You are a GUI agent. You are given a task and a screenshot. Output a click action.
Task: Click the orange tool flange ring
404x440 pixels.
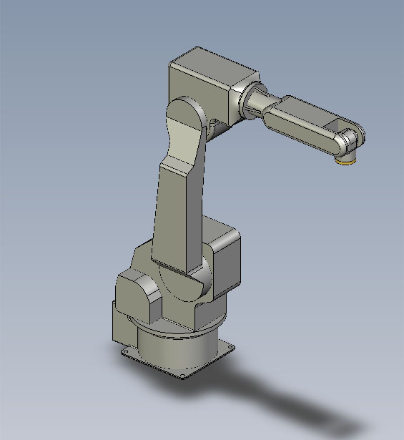(347, 161)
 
